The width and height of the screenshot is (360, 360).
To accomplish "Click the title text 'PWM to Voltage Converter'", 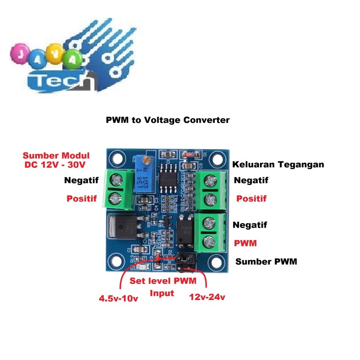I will (168, 120).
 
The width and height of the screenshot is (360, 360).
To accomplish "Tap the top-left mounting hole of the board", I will (117, 157).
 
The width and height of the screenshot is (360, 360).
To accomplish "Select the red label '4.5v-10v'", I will (118, 298).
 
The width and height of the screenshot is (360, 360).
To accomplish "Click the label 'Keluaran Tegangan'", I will (278, 164).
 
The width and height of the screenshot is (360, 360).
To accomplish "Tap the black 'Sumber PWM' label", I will (266, 262).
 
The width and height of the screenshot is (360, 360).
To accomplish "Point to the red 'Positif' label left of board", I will (82, 198).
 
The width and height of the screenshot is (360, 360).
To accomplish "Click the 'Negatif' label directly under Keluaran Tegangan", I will (250, 180).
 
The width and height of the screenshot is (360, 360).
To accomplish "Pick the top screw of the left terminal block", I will (115, 179).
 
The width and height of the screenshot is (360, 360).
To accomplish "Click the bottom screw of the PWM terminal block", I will (209, 241).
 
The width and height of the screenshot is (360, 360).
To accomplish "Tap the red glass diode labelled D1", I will (188, 153).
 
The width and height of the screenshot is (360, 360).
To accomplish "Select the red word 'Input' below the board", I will (162, 293).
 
